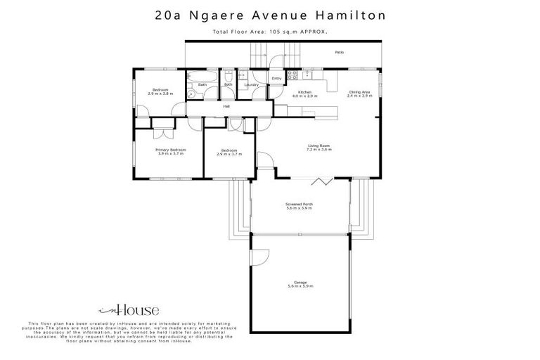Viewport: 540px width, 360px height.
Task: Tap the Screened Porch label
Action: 299,203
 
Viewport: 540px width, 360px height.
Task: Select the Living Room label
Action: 319,146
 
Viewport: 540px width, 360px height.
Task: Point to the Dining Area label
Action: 359,91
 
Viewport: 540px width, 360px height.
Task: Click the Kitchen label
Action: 305,92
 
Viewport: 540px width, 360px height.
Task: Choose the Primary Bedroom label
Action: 171,149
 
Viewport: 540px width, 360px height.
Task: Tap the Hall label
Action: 226,106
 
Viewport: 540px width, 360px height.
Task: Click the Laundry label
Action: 251,84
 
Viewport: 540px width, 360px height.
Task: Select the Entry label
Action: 276,77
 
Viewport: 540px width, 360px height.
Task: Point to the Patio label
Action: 339,52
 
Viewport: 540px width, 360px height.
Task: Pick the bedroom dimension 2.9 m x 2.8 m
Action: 161,94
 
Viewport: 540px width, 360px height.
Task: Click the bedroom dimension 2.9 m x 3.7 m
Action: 230,153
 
